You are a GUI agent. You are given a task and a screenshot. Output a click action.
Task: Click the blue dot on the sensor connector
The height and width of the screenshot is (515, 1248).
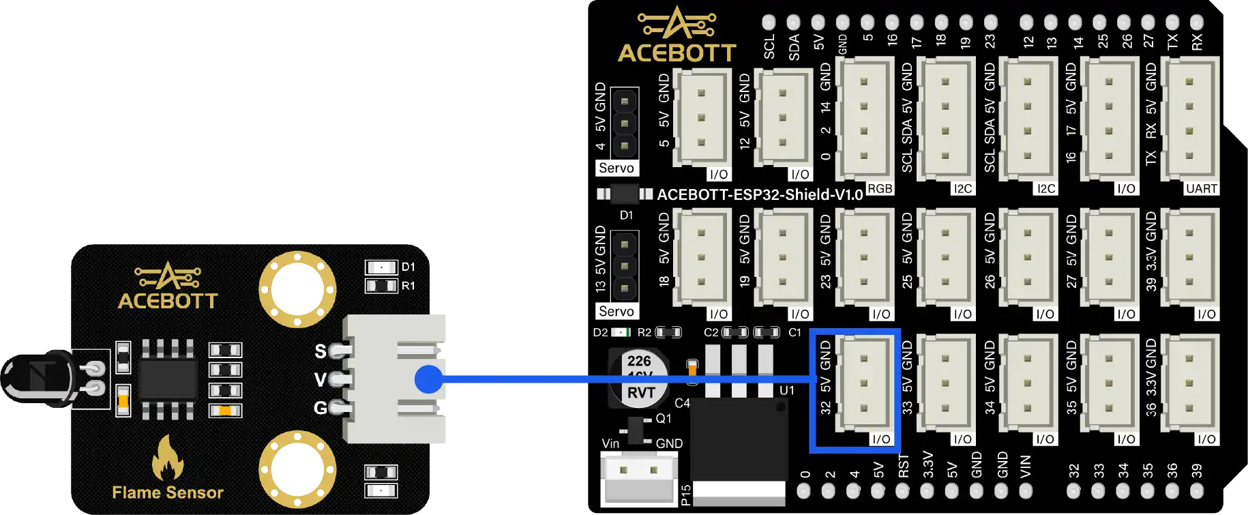pos(428,379)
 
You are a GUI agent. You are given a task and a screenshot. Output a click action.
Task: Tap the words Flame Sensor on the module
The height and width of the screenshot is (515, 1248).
pos(168,492)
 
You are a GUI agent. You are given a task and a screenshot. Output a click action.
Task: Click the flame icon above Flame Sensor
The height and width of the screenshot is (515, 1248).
pos(167,458)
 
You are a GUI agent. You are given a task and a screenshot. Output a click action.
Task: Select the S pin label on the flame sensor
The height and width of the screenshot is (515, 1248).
pos(320,351)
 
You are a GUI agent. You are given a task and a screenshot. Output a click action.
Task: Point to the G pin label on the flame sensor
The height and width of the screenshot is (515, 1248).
pos(320,408)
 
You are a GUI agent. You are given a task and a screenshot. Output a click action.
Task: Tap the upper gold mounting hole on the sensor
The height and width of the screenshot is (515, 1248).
pos(297,289)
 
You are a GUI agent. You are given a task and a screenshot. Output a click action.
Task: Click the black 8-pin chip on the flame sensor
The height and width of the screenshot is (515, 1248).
pos(168,379)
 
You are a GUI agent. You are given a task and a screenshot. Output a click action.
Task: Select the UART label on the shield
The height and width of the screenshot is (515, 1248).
pos(1201,188)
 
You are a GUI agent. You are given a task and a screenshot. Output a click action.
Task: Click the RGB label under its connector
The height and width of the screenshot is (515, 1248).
pos(880,188)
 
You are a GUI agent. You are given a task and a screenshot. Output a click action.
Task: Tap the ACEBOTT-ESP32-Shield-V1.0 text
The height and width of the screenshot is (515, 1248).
pos(760,195)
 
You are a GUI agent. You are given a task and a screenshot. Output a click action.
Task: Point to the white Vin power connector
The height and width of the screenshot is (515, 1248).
pos(638,477)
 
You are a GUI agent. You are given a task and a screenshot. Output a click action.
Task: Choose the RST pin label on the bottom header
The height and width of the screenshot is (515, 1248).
pos(904,467)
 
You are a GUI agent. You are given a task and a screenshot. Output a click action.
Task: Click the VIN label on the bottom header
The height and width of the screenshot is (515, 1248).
pos(1026,467)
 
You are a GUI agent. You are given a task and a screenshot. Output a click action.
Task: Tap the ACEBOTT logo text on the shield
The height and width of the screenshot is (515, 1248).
pos(677,53)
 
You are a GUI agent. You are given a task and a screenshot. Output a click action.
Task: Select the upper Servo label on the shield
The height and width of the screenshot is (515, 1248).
pos(616,168)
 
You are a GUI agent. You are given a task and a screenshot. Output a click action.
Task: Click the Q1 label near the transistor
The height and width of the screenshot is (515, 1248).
pos(663,419)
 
